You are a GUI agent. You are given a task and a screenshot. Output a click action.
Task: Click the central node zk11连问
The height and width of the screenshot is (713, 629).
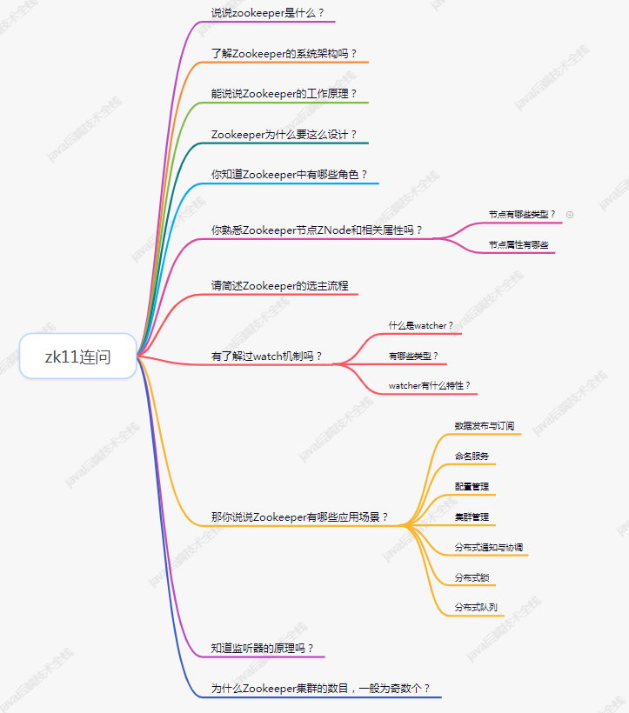(77, 356)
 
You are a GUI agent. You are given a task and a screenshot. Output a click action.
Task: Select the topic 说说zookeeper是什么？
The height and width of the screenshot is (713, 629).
(268, 13)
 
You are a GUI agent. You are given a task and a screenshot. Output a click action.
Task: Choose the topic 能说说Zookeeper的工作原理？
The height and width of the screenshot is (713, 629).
(284, 94)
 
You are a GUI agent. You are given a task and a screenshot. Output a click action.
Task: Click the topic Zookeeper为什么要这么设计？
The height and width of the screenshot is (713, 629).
(284, 135)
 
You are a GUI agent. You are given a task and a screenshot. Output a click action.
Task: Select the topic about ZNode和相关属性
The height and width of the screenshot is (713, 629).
(318, 230)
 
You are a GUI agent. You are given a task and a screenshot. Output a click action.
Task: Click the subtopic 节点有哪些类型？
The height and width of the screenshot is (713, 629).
(522, 214)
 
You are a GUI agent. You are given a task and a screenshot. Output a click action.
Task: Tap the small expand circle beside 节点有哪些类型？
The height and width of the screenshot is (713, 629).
(570, 214)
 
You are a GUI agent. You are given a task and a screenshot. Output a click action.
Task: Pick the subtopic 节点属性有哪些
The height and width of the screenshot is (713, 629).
(519, 245)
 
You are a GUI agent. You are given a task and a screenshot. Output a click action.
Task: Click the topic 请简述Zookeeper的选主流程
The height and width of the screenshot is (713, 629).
(280, 286)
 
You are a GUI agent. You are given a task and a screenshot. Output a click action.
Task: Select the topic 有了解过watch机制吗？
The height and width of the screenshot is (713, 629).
(267, 356)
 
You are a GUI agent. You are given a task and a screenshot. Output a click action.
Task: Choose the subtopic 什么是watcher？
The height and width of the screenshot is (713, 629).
(421, 326)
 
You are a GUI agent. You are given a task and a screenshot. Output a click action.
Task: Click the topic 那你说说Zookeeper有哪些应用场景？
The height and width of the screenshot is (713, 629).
(300, 517)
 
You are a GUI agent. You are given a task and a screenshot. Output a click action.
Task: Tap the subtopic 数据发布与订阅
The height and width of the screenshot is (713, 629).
(485, 426)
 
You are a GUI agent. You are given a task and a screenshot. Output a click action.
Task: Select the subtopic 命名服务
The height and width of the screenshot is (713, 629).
(472, 456)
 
